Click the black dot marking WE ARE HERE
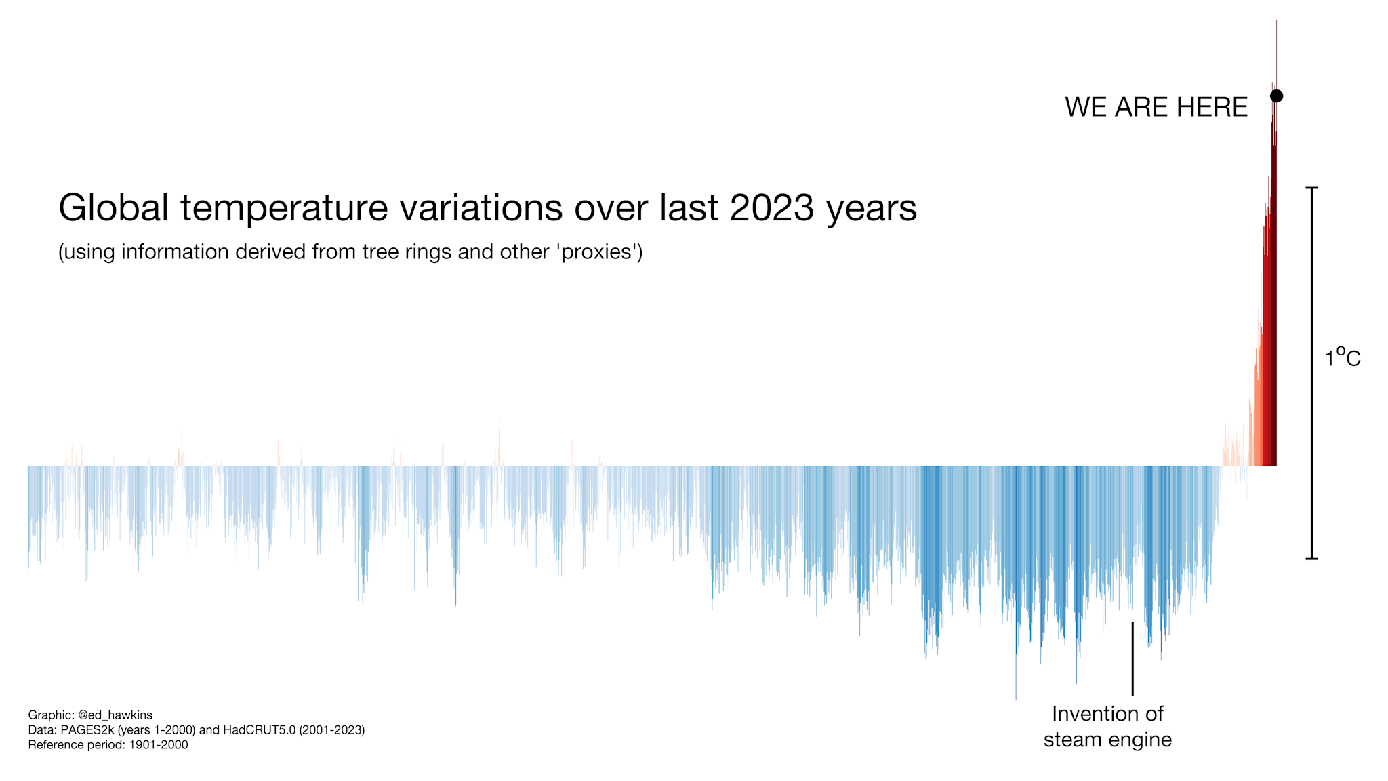(1276, 96)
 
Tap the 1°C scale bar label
(1343, 358)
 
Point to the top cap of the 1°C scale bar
(1311, 188)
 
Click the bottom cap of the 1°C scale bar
(1311, 559)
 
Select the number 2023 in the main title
(771, 207)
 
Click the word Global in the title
(113, 207)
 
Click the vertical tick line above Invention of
(1132, 658)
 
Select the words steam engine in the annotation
(1107, 740)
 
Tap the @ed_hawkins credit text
(115, 715)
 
